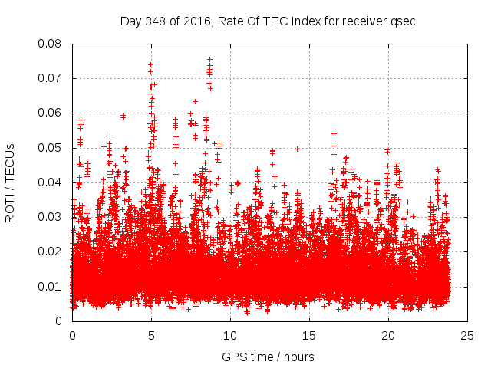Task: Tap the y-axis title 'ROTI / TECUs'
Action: coord(10,182)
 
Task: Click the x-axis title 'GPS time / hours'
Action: coord(268,356)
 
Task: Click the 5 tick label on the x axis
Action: coord(151,335)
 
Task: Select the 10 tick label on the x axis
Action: coord(230,335)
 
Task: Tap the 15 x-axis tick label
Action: coord(309,335)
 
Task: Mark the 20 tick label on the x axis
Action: coord(388,335)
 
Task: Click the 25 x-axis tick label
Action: coord(467,335)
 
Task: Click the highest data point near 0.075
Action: coord(209,59)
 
